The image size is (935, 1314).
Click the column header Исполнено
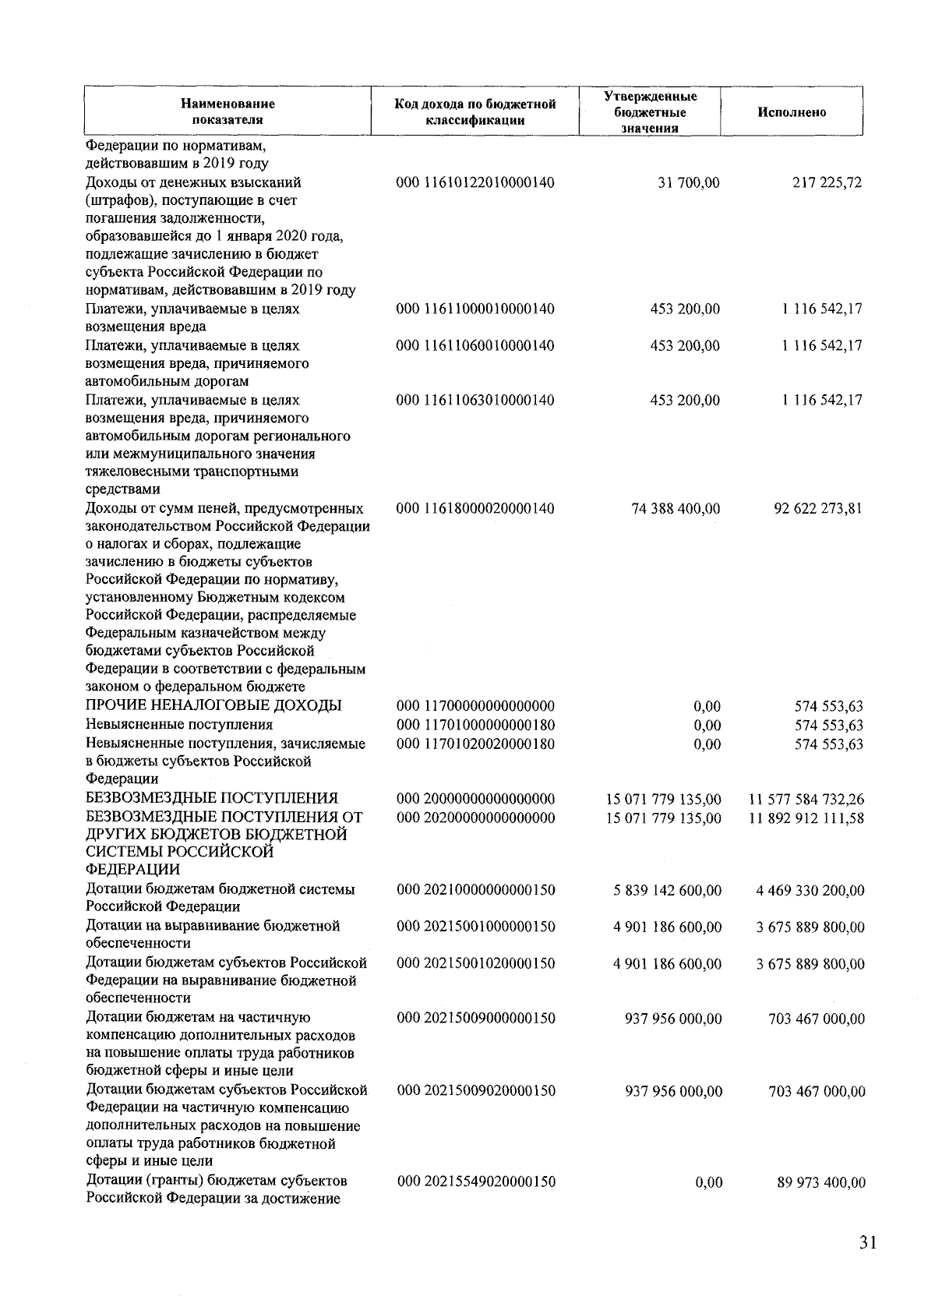(x=791, y=112)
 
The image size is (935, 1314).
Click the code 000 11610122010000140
(x=475, y=183)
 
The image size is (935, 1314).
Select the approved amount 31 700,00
(x=686, y=183)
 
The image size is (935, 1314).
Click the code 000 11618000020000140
(x=475, y=509)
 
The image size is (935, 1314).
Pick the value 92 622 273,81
(x=817, y=509)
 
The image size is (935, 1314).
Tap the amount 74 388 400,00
(x=676, y=509)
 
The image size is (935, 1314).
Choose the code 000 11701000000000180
(x=475, y=725)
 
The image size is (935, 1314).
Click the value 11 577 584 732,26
(x=806, y=799)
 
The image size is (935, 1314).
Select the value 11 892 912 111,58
(x=806, y=818)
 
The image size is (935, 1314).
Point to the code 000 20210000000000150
(x=476, y=890)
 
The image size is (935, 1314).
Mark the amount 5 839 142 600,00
(x=667, y=890)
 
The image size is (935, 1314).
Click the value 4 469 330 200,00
(x=810, y=890)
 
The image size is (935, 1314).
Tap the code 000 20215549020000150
(x=476, y=1182)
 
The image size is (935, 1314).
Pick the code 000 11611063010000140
(x=475, y=401)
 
